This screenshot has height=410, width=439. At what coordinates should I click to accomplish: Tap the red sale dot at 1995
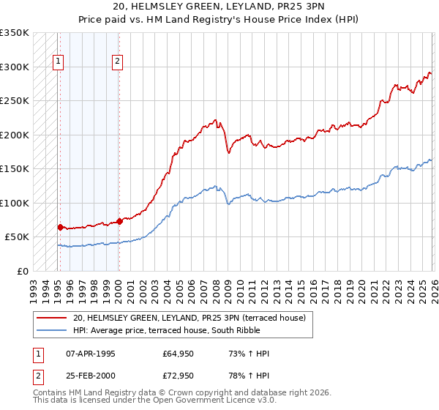coord(60,227)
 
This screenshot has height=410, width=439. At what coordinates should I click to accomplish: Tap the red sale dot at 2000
coord(119,221)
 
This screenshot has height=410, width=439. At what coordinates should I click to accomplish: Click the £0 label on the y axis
coord(22,271)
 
